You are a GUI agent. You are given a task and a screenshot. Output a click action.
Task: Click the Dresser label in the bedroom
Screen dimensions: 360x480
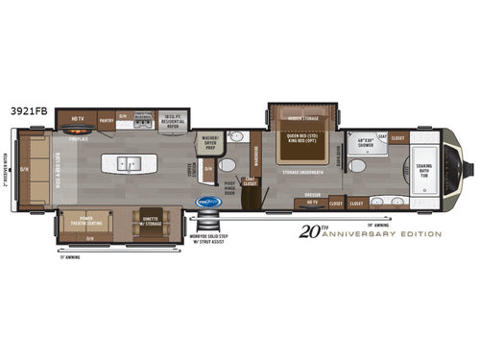coord(311,195)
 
